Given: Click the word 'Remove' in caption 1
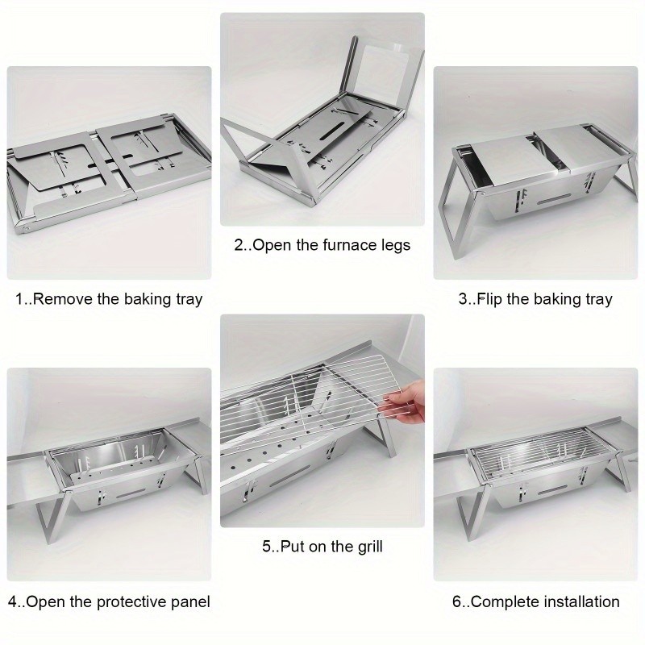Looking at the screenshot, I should (x=64, y=299).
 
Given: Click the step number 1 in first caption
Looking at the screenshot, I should (x=20, y=299).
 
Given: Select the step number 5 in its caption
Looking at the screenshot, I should (x=266, y=547).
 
